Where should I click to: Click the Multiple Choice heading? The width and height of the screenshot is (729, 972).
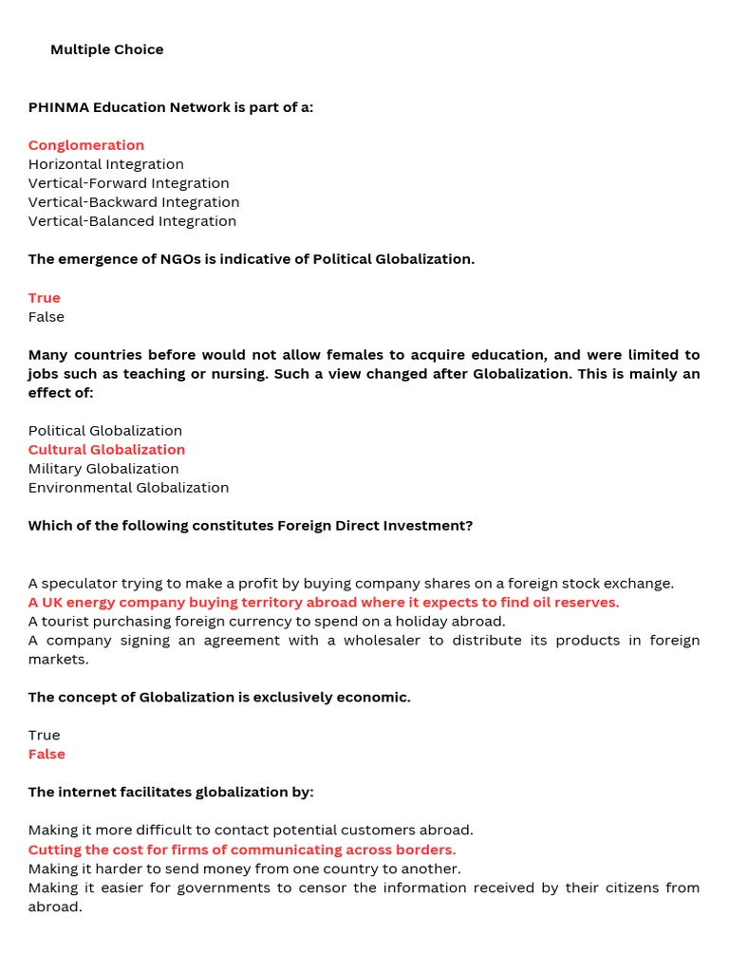(x=106, y=49)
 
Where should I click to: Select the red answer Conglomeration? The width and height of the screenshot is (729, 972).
(x=86, y=145)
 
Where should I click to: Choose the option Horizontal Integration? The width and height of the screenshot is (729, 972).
(x=106, y=164)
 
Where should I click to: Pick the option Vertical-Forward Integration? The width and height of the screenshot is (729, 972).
(x=129, y=183)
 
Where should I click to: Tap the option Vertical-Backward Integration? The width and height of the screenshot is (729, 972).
(x=134, y=202)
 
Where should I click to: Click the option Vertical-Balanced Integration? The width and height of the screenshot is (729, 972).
(x=132, y=221)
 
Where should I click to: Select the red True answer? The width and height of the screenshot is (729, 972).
(x=45, y=297)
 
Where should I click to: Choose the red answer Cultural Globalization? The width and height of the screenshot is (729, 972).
(x=106, y=449)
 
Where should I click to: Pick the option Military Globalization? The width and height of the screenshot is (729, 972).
(x=103, y=468)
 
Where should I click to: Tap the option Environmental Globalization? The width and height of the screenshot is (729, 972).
(x=128, y=487)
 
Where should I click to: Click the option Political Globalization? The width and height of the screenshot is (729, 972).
(x=105, y=430)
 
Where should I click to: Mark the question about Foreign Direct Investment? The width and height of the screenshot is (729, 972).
(x=251, y=525)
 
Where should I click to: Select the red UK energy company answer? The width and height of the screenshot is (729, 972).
(x=323, y=602)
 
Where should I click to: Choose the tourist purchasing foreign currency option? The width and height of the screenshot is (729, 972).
(x=267, y=621)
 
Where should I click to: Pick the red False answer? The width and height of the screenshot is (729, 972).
(x=47, y=754)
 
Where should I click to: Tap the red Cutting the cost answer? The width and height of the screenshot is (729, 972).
(x=242, y=850)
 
